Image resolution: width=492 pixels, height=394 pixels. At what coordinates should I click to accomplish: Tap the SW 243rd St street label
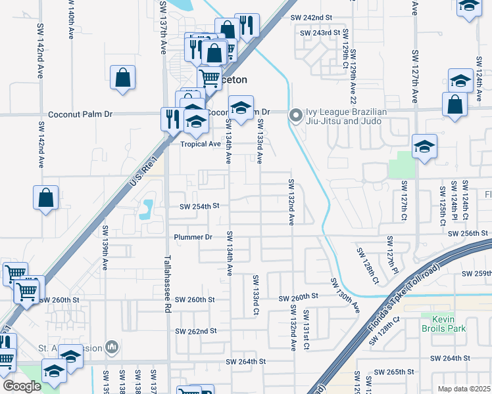(x=320, y=32)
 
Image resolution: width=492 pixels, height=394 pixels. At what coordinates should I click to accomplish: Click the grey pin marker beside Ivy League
(x=296, y=116)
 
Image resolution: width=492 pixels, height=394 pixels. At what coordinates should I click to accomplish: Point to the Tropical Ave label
(x=201, y=144)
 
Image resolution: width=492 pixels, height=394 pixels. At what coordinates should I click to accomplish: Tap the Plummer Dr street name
(x=193, y=237)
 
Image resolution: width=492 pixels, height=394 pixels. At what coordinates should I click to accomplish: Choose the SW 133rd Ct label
(x=255, y=295)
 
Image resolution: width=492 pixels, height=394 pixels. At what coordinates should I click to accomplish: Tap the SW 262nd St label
(x=195, y=332)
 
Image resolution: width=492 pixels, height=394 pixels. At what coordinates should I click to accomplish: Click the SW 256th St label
(x=467, y=234)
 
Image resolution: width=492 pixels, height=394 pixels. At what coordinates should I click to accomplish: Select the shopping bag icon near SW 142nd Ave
(x=45, y=198)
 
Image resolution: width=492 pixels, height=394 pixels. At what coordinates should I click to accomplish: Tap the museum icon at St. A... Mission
(x=112, y=345)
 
